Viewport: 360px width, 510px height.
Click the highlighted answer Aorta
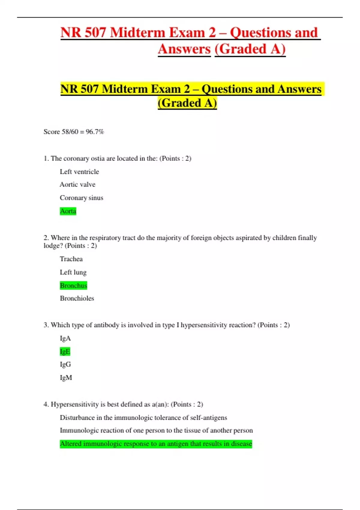68,211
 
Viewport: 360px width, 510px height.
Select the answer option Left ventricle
79,172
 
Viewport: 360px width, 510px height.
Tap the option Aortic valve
77,184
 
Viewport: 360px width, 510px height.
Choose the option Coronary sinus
81,198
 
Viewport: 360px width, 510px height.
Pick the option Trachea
71,259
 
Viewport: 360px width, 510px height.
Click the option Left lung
73,272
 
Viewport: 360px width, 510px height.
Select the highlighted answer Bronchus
73,285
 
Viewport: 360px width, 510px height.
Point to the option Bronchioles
77,298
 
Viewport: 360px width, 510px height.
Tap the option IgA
65,338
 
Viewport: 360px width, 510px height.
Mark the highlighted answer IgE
65,351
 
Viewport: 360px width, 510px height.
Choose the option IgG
65,364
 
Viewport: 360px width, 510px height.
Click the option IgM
66,378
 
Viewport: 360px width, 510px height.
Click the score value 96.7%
95,132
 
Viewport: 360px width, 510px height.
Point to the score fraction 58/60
70,132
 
